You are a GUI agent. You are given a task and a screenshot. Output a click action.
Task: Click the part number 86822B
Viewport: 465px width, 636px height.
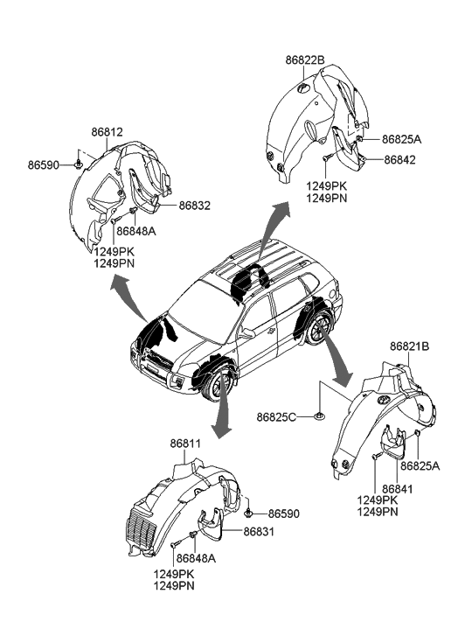[305, 60]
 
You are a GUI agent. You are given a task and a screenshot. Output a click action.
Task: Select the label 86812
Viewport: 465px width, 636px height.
[107, 132]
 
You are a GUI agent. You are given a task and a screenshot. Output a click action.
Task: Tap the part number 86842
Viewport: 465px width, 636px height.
[399, 160]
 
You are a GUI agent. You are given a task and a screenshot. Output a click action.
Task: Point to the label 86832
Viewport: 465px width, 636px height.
[195, 206]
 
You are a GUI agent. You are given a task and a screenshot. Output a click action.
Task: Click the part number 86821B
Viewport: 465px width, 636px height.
[409, 346]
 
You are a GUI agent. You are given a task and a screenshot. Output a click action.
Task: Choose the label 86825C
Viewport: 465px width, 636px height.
[276, 417]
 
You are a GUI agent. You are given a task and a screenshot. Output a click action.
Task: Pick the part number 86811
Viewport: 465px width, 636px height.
[185, 444]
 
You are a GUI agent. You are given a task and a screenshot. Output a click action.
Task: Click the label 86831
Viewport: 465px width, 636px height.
[259, 531]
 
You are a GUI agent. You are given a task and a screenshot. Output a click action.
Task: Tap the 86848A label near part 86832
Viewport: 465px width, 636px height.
[136, 231]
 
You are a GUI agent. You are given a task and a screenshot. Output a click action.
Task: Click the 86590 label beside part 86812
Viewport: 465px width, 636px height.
[44, 165]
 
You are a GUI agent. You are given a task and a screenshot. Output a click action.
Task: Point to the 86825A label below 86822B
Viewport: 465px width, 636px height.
[401, 139]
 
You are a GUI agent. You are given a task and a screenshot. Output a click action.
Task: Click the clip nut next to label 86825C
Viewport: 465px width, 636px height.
[319, 416]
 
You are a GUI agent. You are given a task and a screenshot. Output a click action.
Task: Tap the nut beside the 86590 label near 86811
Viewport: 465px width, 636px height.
[247, 514]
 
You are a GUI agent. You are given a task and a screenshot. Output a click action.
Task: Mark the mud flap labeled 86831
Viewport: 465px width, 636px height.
[211, 524]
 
